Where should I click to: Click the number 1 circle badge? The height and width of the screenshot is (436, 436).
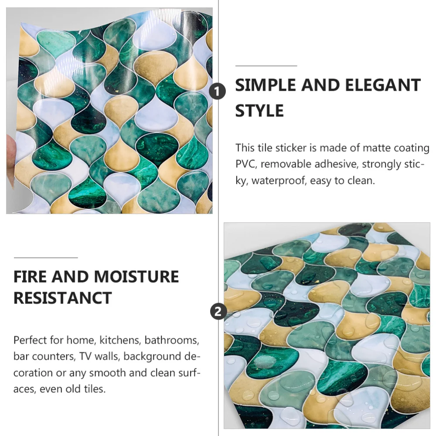coord(218,92)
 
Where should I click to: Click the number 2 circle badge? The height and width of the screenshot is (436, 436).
coord(218,312)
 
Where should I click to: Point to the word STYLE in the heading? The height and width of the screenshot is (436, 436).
coord(259,110)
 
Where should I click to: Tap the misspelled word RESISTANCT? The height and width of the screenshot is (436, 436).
coord(63,298)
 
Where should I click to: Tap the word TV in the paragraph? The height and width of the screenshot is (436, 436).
coord(85,356)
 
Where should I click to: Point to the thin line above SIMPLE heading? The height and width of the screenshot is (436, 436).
coord(266,66)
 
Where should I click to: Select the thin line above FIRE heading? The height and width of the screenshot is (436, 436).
coord(46,258)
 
